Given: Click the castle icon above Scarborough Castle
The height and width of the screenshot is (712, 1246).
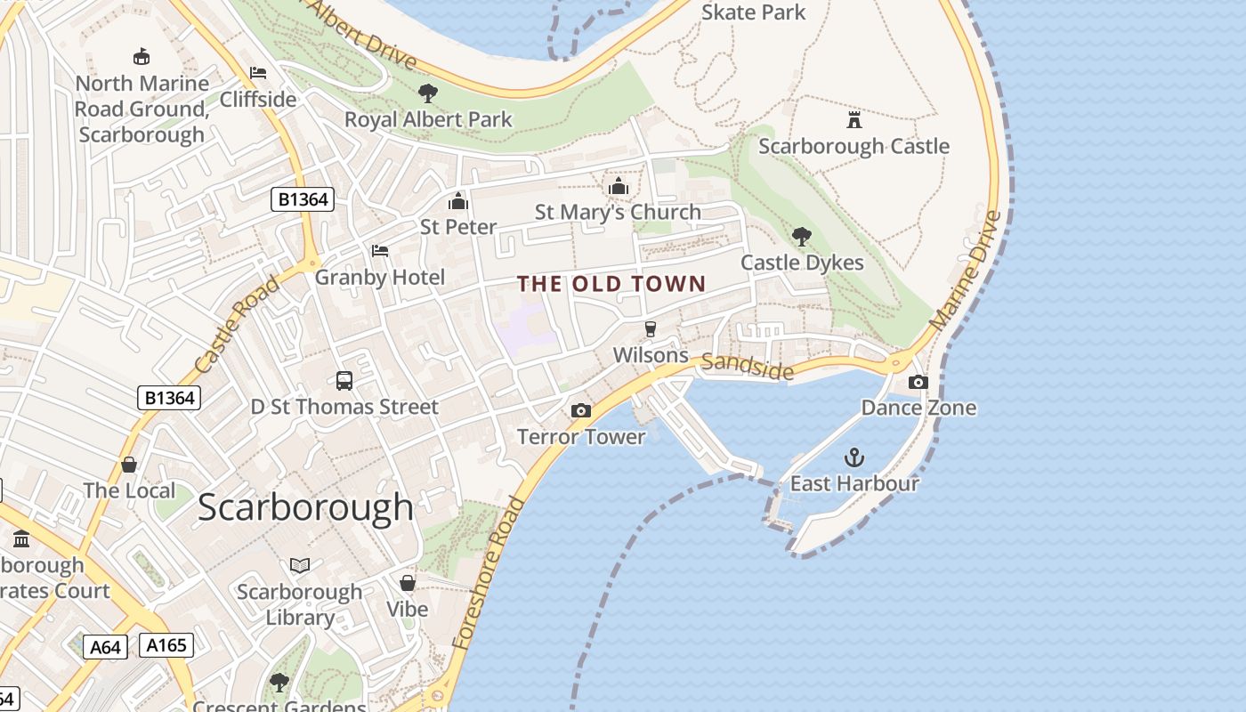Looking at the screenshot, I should [x=854, y=119].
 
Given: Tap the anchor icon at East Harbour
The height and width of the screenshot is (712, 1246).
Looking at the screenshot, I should [x=854, y=457].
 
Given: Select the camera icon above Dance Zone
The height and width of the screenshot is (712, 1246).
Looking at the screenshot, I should [x=918, y=382].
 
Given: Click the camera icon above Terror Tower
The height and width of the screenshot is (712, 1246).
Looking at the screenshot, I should [x=581, y=410].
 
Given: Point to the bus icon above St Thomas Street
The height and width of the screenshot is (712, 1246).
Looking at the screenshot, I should [x=344, y=381].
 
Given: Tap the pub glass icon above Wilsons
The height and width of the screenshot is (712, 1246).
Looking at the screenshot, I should [x=651, y=329].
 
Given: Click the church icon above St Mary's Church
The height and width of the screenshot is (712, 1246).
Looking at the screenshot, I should [x=618, y=186].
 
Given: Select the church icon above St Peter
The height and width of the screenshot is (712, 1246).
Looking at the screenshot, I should [x=458, y=201].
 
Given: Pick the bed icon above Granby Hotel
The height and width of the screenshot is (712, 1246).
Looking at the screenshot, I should [x=380, y=251].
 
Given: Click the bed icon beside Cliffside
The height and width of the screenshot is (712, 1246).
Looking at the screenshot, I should [x=258, y=73].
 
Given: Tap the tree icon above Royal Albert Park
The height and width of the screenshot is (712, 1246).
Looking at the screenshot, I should [x=428, y=93].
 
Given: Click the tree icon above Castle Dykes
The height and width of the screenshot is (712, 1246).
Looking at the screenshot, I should [x=802, y=236].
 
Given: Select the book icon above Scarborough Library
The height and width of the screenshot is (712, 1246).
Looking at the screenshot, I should [x=300, y=565].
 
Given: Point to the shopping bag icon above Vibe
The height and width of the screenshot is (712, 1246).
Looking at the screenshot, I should [x=408, y=583].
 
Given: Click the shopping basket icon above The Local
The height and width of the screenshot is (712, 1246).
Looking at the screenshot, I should [x=129, y=465].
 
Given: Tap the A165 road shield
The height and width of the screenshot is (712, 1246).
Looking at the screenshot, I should [x=166, y=644].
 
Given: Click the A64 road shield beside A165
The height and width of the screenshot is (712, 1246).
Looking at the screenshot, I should [x=105, y=647].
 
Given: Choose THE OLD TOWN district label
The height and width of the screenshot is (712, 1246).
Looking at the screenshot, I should [x=611, y=284].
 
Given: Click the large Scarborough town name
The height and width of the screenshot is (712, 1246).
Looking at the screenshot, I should [x=305, y=507].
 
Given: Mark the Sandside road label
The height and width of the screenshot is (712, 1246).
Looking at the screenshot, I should [x=747, y=365].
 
